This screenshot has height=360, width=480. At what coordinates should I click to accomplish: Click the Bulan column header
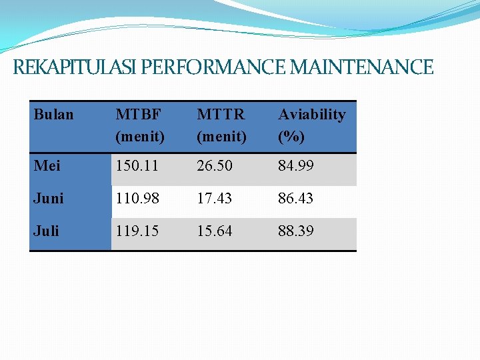click(53, 115)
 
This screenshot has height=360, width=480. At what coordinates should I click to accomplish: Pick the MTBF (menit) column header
click(140, 125)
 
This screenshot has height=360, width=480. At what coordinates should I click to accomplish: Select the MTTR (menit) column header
click(222, 125)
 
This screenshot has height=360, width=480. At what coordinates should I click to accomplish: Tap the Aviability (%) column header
click(311, 125)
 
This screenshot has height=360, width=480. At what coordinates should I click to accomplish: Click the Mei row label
click(47, 166)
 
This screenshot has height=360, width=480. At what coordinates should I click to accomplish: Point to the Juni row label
click(49, 199)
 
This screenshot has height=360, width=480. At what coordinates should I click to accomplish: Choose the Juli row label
click(47, 231)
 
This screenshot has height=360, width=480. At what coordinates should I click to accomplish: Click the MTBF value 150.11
click(137, 166)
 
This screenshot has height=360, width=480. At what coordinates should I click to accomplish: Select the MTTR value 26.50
click(215, 166)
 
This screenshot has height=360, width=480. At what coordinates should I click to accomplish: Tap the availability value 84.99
click(295, 166)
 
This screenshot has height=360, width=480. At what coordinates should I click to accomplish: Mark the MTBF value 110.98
click(137, 199)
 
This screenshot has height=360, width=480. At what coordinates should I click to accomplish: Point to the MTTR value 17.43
click(215, 199)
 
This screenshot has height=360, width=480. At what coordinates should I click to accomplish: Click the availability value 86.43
click(295, 199)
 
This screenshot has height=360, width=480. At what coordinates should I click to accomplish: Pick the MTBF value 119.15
click(137, 231)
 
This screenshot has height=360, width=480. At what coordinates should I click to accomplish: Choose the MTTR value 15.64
click(215, 231)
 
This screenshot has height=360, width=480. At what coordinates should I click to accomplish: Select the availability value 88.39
click(295, 231)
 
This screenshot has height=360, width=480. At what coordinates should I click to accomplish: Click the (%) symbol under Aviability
click(291, 137)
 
